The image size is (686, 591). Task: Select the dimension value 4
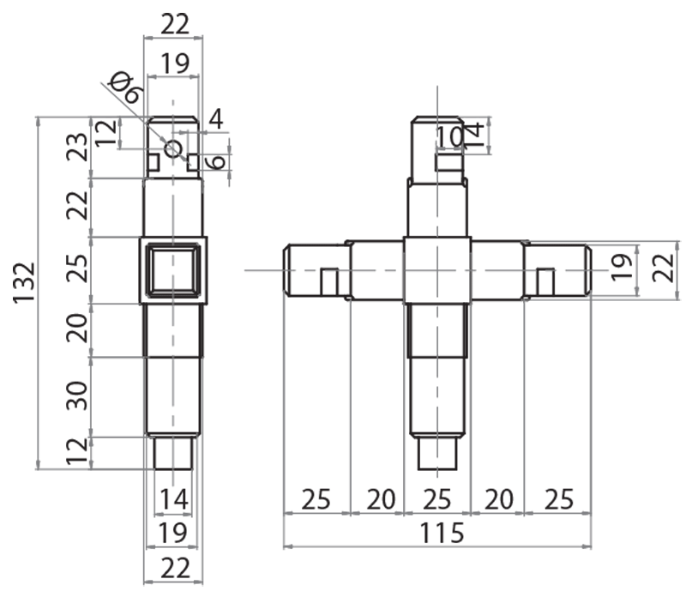215,119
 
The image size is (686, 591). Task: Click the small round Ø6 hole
173,148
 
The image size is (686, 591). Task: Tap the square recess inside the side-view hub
172,270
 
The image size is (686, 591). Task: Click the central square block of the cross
437,270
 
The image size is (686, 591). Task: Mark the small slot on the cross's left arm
328,281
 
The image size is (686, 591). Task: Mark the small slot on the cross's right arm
545,281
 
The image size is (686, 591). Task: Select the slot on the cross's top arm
448,162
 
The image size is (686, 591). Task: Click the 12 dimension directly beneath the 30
76,451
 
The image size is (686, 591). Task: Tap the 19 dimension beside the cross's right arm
623,270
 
